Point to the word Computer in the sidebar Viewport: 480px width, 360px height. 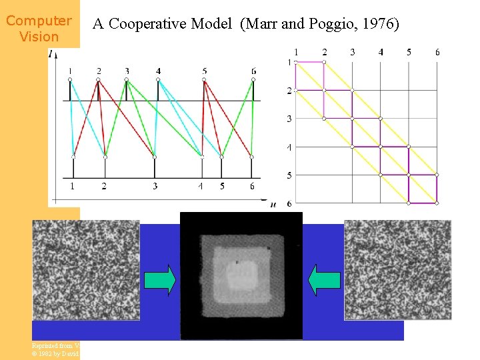(39, 21)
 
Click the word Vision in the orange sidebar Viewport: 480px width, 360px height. (39, 37)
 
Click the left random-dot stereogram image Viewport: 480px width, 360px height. (86, 270)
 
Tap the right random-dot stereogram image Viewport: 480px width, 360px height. (397, 270)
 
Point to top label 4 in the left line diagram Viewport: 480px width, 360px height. (158, 71)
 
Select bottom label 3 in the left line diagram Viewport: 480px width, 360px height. (155, 186)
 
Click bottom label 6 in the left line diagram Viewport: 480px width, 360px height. (252, 186)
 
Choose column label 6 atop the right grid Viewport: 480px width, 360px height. (437, 52)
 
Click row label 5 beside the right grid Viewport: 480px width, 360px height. (289, 175)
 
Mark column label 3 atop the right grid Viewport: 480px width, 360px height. (352, 52)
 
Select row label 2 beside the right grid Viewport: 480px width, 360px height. (289, 91)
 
